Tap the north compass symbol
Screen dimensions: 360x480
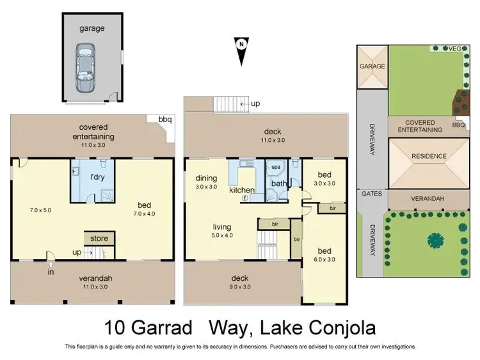(241, 50)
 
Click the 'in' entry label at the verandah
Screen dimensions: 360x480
(51, 272)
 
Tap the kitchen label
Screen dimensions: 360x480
(243, 191)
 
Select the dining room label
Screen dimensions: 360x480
(206, 178)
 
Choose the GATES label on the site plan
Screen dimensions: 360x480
(371, 193)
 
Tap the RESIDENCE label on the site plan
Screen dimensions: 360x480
(429, 155)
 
